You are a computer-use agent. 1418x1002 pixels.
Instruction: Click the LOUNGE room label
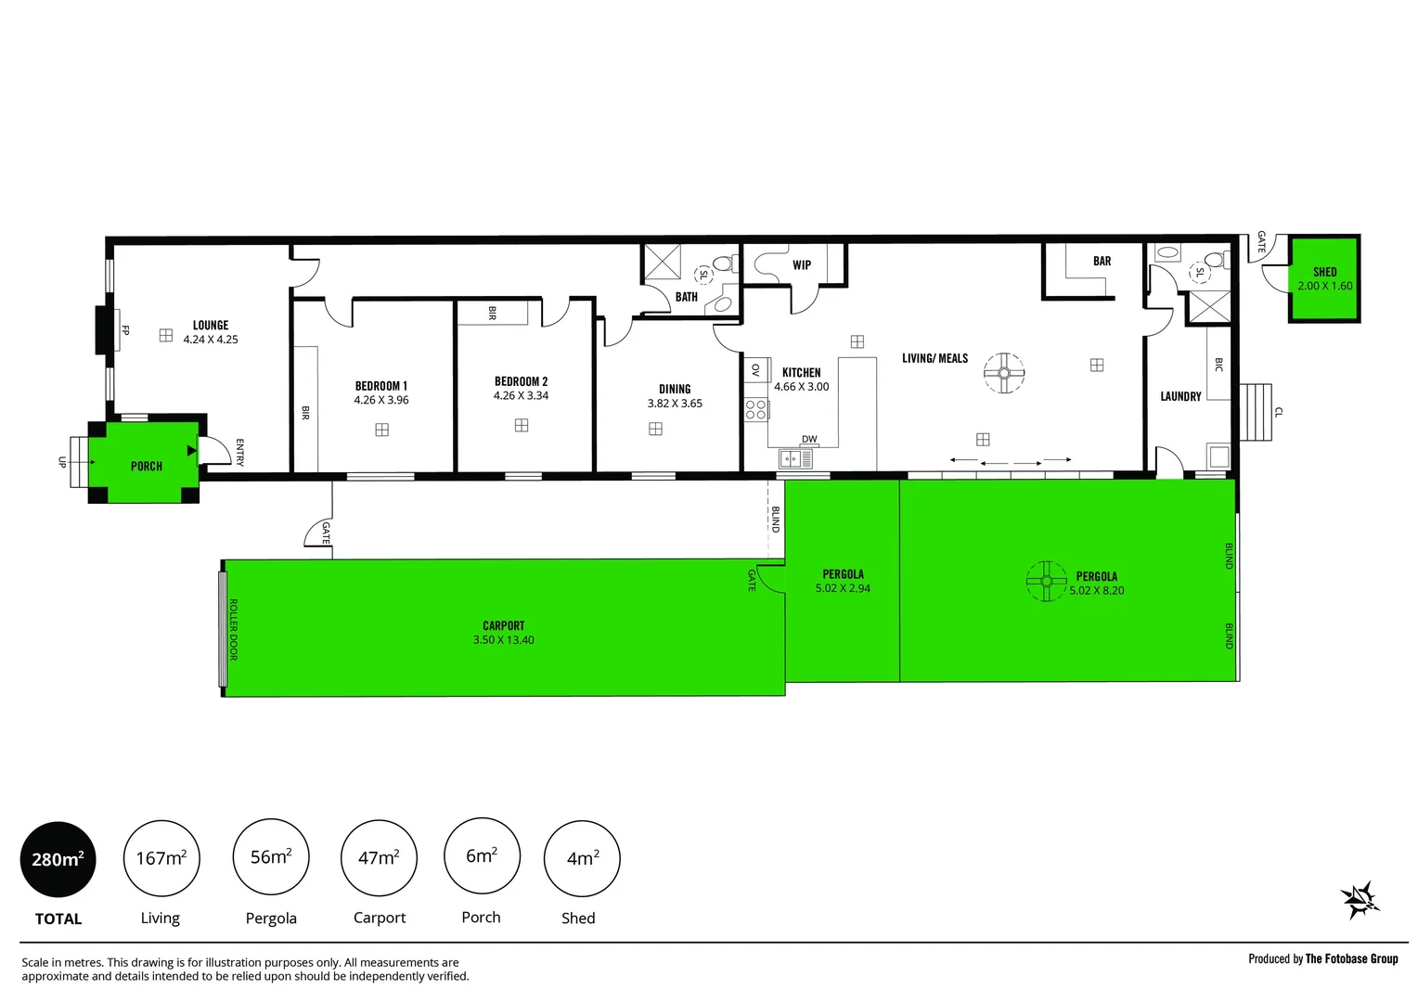(211, 326)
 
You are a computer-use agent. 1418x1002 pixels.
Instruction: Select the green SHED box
(1324, 278)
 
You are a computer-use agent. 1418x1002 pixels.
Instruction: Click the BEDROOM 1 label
(380, 386)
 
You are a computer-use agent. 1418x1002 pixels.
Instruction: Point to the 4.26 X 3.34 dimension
(521, 396)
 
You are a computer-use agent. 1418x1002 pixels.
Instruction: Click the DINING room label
(675, 390)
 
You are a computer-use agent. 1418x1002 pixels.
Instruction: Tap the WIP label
(802, 265)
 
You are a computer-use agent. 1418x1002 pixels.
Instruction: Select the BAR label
(1102, 262)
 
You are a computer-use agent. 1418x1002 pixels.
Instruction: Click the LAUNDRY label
(1180, 397)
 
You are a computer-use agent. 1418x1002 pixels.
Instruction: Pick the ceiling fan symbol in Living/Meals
(1004, 373)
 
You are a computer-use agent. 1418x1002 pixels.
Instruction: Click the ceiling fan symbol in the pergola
(1046, 582)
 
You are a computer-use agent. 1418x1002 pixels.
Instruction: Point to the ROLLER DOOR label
(233, 629)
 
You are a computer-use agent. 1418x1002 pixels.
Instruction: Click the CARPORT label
(503, 626)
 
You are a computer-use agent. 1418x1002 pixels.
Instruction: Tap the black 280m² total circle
(58, 859)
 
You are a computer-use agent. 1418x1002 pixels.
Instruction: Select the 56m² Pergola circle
(271, 857)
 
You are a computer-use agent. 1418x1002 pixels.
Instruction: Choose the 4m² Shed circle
(582, 859)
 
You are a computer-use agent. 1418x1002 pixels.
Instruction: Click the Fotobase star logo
(1360, 899)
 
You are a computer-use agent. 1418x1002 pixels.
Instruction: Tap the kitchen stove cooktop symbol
(756, 409)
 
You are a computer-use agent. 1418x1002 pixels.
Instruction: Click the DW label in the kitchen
(809, 440)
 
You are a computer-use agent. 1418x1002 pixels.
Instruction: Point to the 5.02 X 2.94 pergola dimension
(843, 588)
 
